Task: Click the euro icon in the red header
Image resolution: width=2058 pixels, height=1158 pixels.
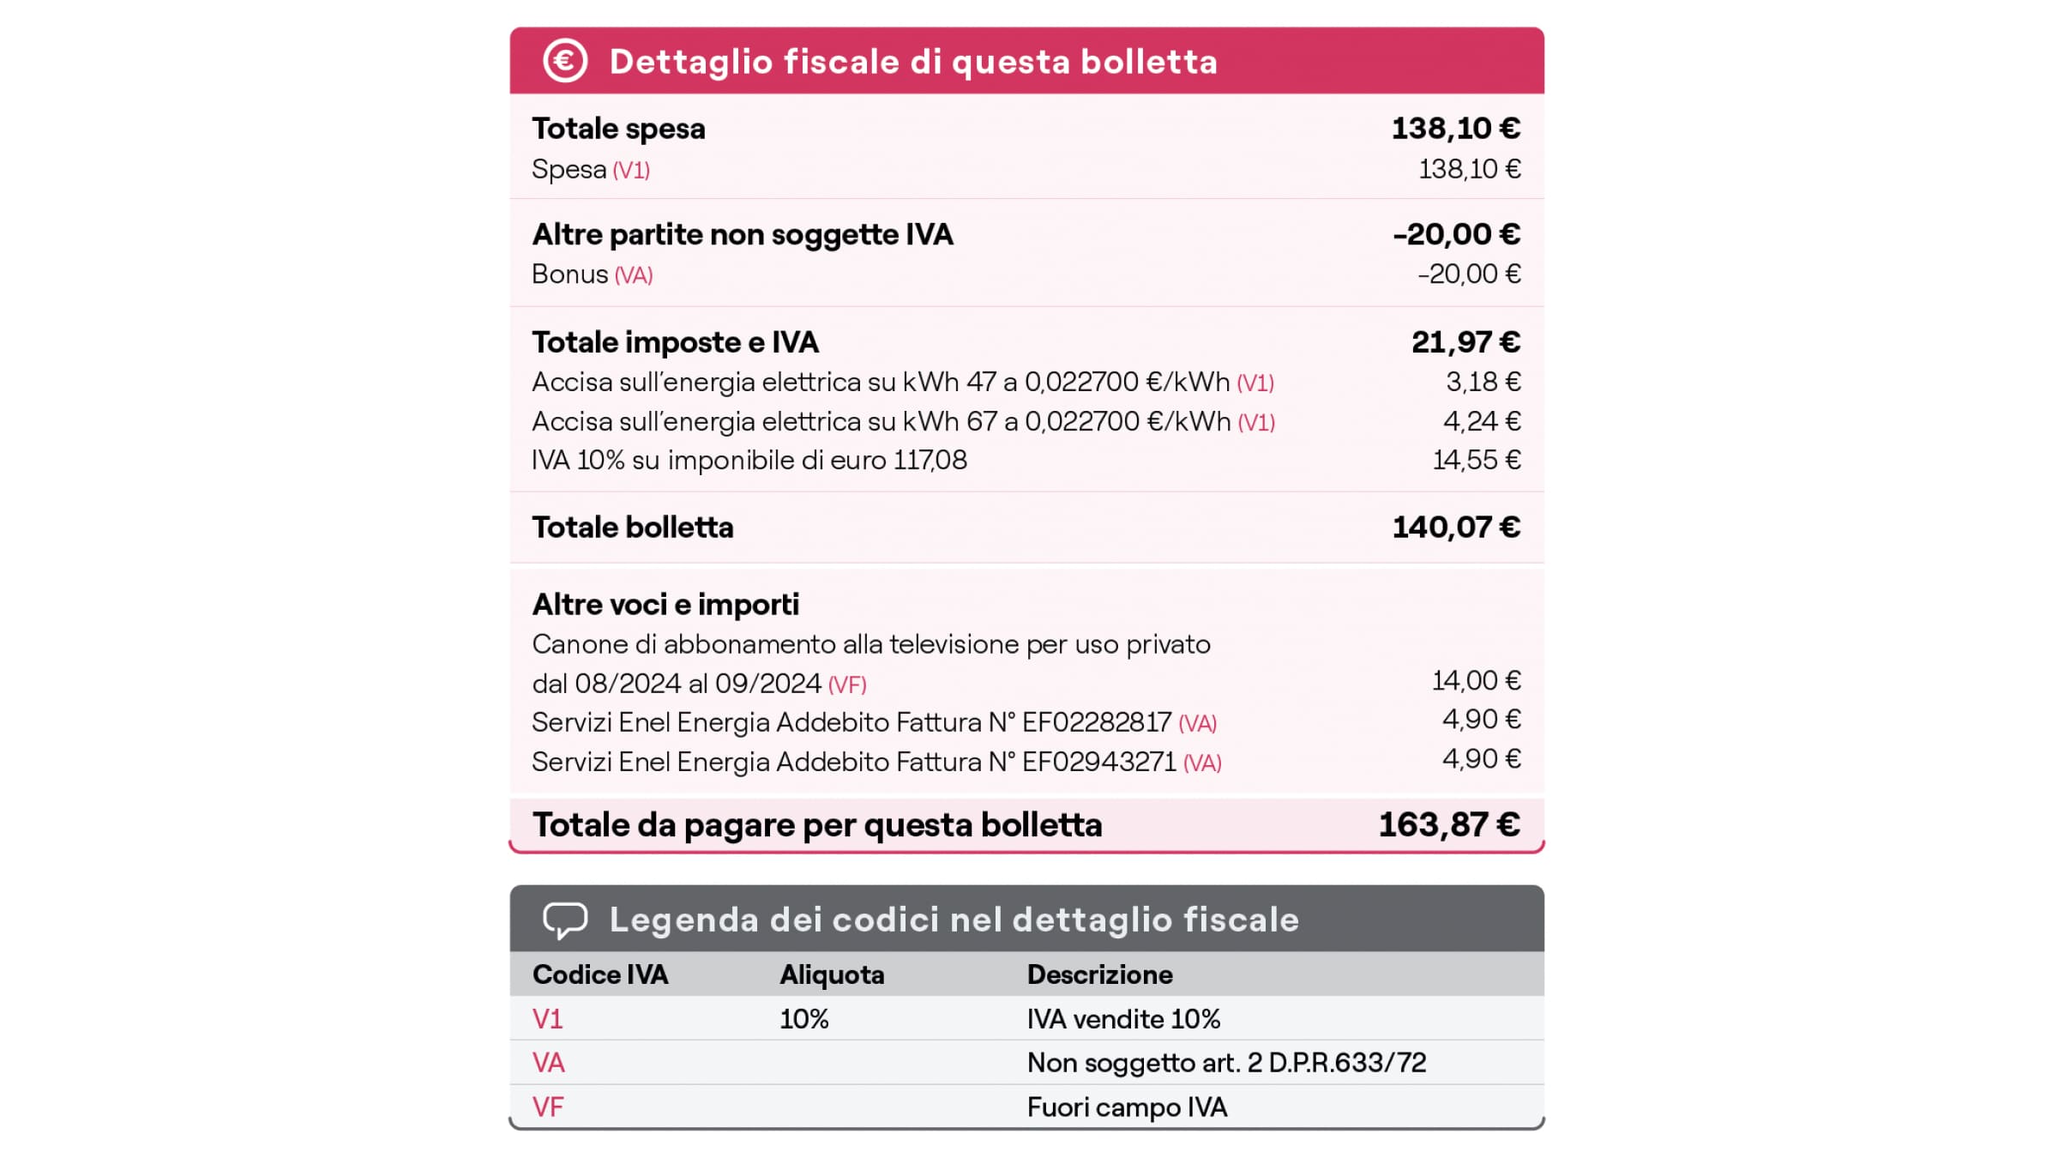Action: pyautogui.click(x=565, y=61)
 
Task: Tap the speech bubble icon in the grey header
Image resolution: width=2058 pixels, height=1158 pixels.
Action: pyautogui.click(x=565, y=920)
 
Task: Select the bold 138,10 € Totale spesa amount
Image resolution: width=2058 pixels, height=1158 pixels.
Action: pyautogui.click(x=1455, y=129)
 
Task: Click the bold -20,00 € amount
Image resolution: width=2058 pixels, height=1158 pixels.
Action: pyautogui.click(x=1456, y=234)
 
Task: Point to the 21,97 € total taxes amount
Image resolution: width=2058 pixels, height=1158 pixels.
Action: pyautogui.click(x=1465, y=342)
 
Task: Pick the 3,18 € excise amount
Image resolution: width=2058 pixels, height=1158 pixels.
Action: pyautogui.click(x=1483, y=382)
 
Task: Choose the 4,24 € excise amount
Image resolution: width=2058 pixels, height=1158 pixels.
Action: pyautogui.click(x=1481, y=421)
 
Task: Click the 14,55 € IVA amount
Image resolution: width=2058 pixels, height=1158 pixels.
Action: pyautogui.click(x=1476, y=461)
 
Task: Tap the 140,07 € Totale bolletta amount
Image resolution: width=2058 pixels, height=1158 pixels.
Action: pyautogui.click(x=1456, y=528)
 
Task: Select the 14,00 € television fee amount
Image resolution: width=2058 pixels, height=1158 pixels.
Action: pyautogui.click(x=1476, y=681)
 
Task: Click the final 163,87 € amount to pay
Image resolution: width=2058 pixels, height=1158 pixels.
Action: pyautogui.click(x=1449, y=825)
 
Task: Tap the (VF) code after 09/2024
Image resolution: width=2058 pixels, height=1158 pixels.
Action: pyautogui.click(x=847, y=685)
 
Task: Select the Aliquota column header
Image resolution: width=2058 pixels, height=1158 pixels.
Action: pyautogui.click(x=832, y=975)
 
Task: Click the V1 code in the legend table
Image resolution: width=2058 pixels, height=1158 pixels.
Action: pyautogui.click(x=547, y=1020)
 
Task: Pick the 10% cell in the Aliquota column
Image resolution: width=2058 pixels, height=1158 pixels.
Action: pyautogui.click(x=803, y=1020)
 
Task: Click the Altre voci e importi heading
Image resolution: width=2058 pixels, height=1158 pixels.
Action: pyautogui.click(x=665, y=605)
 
